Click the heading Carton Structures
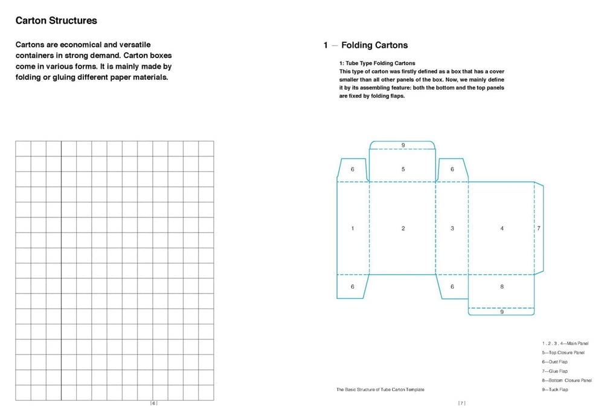pos(56,21)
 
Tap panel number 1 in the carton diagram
pos(353,228)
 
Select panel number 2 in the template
pos(403,228)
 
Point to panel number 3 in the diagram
pos(452,228)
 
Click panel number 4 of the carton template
pos(502,228)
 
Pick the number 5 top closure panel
pos(403,170)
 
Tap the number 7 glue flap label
pos(539,228)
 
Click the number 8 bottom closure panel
pos(502,287)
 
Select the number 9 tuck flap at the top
pos(403,145)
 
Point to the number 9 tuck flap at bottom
pos(502,312)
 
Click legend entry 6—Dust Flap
pos(554,362)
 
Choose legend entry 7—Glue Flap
pos(554,371)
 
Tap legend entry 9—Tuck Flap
pos(554,389)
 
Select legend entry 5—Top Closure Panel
pos(563,353)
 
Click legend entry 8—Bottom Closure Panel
pos(566,380)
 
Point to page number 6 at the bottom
pos(153,403)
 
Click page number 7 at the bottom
pos(461,403)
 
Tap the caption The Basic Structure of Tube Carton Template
pos(380,389)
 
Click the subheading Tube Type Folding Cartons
pos(377,63)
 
